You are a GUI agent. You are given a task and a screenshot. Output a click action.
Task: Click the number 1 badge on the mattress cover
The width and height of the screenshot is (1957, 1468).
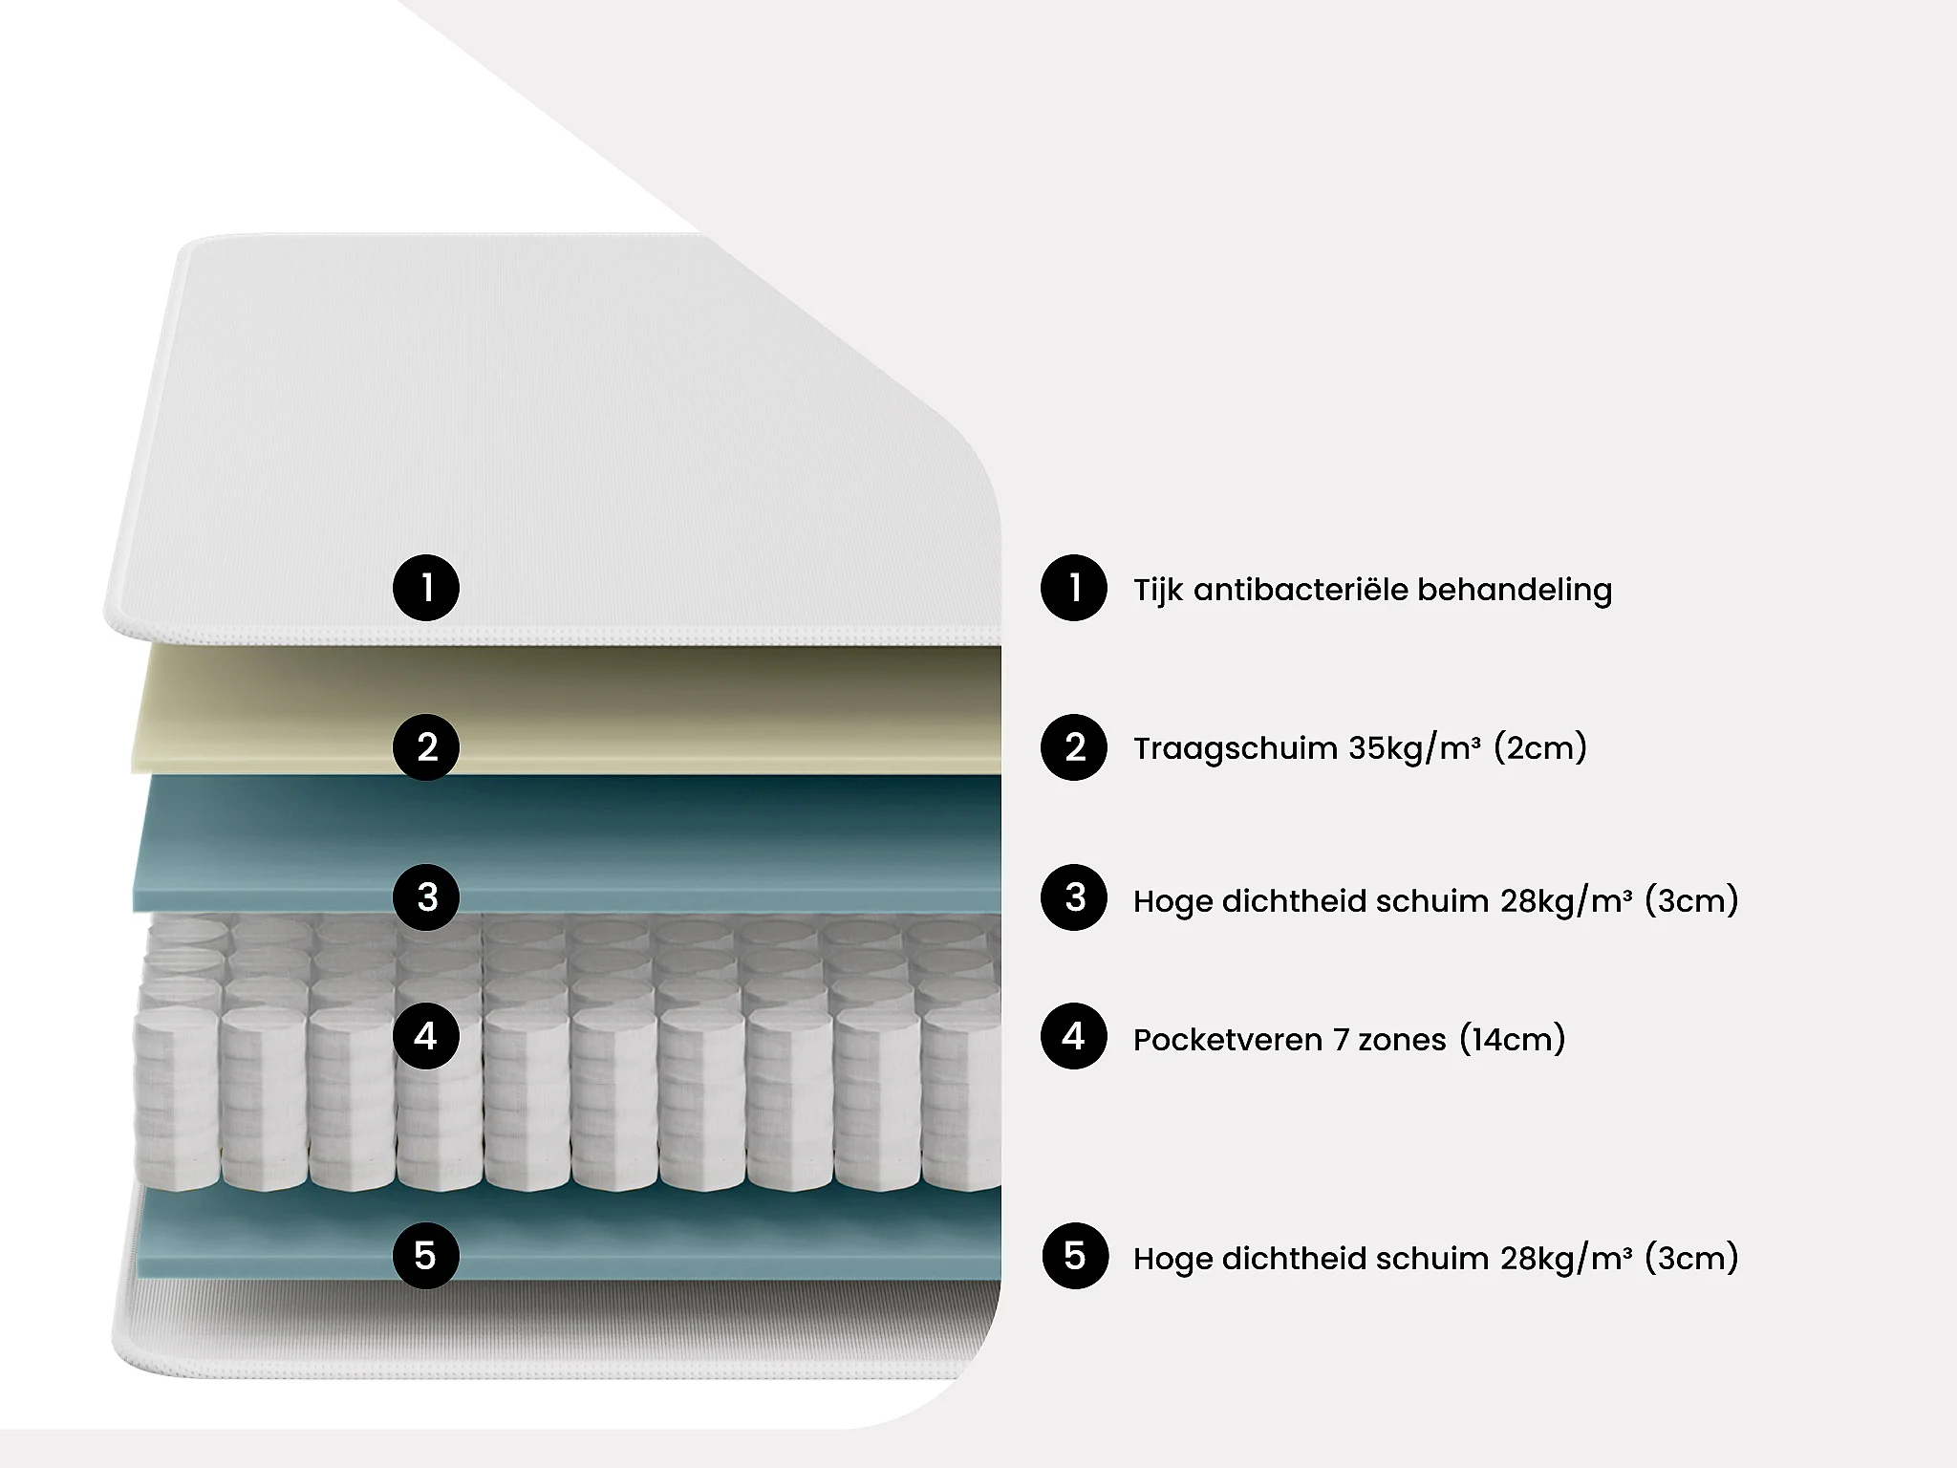pos(426,588)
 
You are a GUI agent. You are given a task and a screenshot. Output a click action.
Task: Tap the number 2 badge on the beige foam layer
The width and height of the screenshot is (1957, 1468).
pos(426,747)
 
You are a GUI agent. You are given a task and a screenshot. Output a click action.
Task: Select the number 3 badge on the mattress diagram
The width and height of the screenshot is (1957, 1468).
pos(426,897)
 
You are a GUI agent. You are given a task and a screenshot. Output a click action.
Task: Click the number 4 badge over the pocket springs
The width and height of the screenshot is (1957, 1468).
pos(426,1036)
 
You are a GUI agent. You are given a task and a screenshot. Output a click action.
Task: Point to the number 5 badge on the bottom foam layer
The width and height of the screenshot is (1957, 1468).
pos(426,1256)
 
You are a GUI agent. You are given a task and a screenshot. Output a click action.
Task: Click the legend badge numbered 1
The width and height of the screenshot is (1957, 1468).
pos(1074,588)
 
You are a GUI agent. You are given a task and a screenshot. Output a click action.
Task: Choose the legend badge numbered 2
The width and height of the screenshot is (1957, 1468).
pos(1074,747)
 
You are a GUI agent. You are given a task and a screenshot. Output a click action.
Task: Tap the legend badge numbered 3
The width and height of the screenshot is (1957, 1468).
pos(1074,897)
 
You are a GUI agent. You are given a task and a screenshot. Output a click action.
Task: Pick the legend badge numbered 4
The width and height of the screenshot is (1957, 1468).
pos(1074,1036)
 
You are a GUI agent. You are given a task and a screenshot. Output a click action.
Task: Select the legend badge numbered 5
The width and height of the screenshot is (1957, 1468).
pos(1075,1256)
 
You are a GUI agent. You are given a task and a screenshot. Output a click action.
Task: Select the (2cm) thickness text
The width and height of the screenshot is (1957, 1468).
pos(1540,747)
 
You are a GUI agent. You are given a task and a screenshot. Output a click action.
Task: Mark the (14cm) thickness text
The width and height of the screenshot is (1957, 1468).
pos(1513,1039)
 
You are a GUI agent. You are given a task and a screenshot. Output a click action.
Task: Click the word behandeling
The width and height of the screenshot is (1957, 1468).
pos(1515,590)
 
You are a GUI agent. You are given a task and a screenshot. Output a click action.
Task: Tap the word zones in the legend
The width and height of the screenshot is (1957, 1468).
pos(1402,1040)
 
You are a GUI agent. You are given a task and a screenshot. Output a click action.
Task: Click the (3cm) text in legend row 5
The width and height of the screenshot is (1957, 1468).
pos(1691,1259)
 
